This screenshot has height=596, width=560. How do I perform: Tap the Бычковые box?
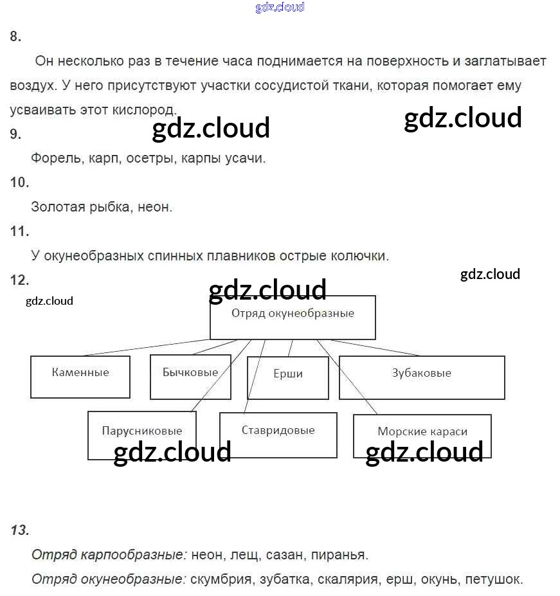[190, 377]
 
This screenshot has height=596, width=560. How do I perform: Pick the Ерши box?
[287, 377]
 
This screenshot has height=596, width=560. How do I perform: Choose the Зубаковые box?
[422, 377]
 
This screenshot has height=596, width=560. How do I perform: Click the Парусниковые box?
[142, 436]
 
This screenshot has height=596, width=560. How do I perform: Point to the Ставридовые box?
[278, 435]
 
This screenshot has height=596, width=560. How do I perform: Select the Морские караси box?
[422, 435]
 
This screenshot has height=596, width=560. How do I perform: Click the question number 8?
[15, 37]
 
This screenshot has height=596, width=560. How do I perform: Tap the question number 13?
[20, 530]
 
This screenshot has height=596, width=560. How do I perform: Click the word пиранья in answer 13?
[343, 554]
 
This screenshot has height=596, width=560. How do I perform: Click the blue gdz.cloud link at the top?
[280, 8]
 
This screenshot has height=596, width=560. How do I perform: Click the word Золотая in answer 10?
[56, 207]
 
